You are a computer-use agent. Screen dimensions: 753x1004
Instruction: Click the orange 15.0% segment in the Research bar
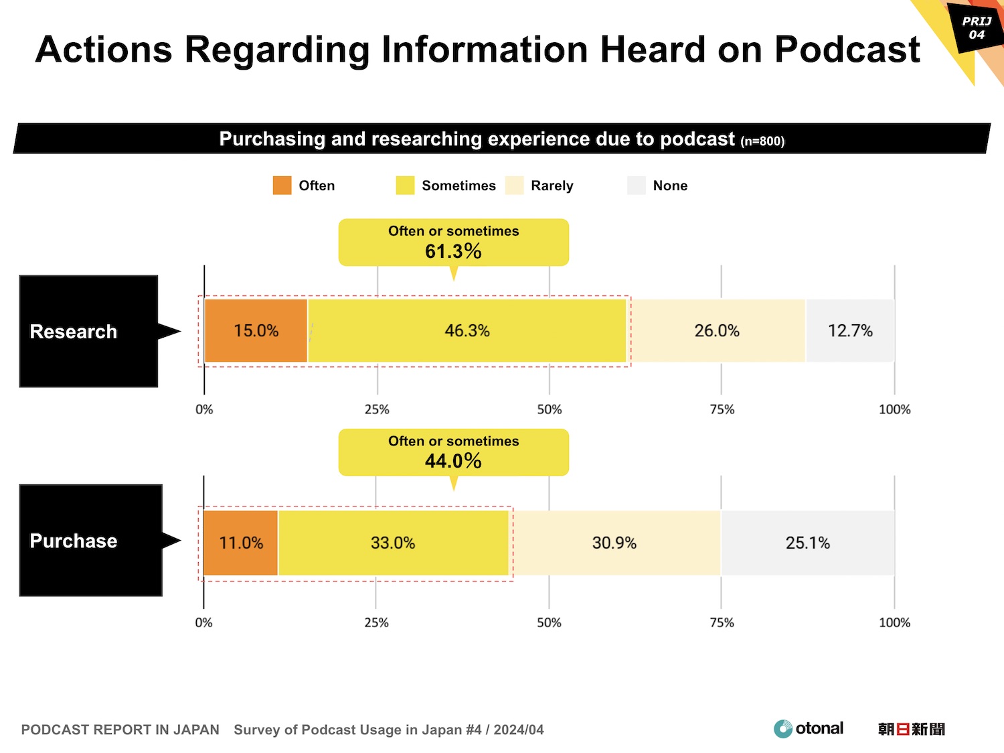[256, 331]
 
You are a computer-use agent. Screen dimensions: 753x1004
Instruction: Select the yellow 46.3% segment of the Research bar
[467, 331]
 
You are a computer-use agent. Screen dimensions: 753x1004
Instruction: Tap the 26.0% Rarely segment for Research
[717, 331]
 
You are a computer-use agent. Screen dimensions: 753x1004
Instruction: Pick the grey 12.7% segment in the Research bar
[850, 331]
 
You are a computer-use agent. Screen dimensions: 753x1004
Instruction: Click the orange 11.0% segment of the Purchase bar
[240, 543]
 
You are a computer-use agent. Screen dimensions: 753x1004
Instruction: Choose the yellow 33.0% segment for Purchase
[393, 543]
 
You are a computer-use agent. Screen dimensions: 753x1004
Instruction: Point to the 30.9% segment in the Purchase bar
[614, 543]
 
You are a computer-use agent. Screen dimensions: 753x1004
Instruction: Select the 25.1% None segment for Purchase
[808, 543]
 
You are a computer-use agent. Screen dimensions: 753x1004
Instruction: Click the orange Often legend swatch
[282, 186]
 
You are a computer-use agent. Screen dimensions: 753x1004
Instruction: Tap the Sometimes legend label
[458, 186]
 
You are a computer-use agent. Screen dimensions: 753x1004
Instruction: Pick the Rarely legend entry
[552, 186]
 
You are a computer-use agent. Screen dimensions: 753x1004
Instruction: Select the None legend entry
[670, 186]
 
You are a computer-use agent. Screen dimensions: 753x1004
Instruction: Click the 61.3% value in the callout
[453, 251]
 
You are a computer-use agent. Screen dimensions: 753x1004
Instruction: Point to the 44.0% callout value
[453, 461]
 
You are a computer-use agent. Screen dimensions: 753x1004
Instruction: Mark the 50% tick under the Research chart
[549, 409]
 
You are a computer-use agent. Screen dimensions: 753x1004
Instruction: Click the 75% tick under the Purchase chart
[722, 622]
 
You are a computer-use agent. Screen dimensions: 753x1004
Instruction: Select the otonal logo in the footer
[809, 729]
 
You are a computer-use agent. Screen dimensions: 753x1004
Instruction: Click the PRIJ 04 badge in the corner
[977, 28]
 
